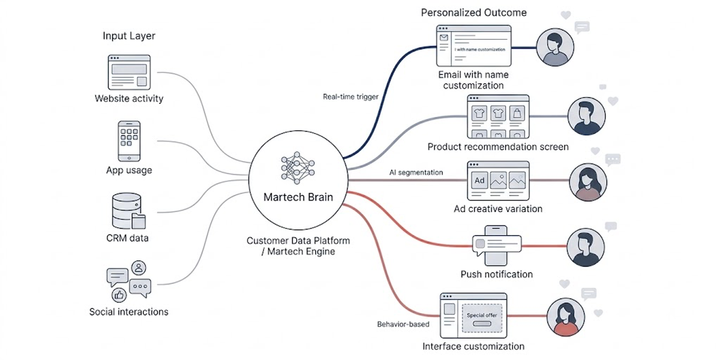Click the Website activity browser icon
pos(128,72)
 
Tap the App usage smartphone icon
pos(129,141)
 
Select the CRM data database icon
pos(128,211)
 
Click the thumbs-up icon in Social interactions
pos(118,295)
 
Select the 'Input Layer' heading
pos(128,36)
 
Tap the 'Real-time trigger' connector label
pos(350,97)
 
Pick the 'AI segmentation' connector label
pos(416,172)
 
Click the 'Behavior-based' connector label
pos(403,325)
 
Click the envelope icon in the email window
pos(444,38)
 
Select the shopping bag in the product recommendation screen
pos(516,113)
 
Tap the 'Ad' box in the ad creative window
pos(479,180)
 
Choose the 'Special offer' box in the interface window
pos(482,318)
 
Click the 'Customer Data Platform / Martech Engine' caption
pos(298,246)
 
